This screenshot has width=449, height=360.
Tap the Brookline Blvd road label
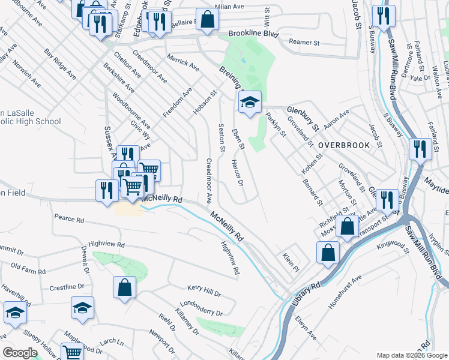click(254, 35)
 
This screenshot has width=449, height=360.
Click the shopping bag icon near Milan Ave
click(206, 19)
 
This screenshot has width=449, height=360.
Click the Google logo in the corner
click(19, 353)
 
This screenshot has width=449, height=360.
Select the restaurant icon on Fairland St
click(420, 149)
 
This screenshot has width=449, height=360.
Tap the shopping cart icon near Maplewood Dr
click(73, 353)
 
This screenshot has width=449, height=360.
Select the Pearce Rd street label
click(68, 220)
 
